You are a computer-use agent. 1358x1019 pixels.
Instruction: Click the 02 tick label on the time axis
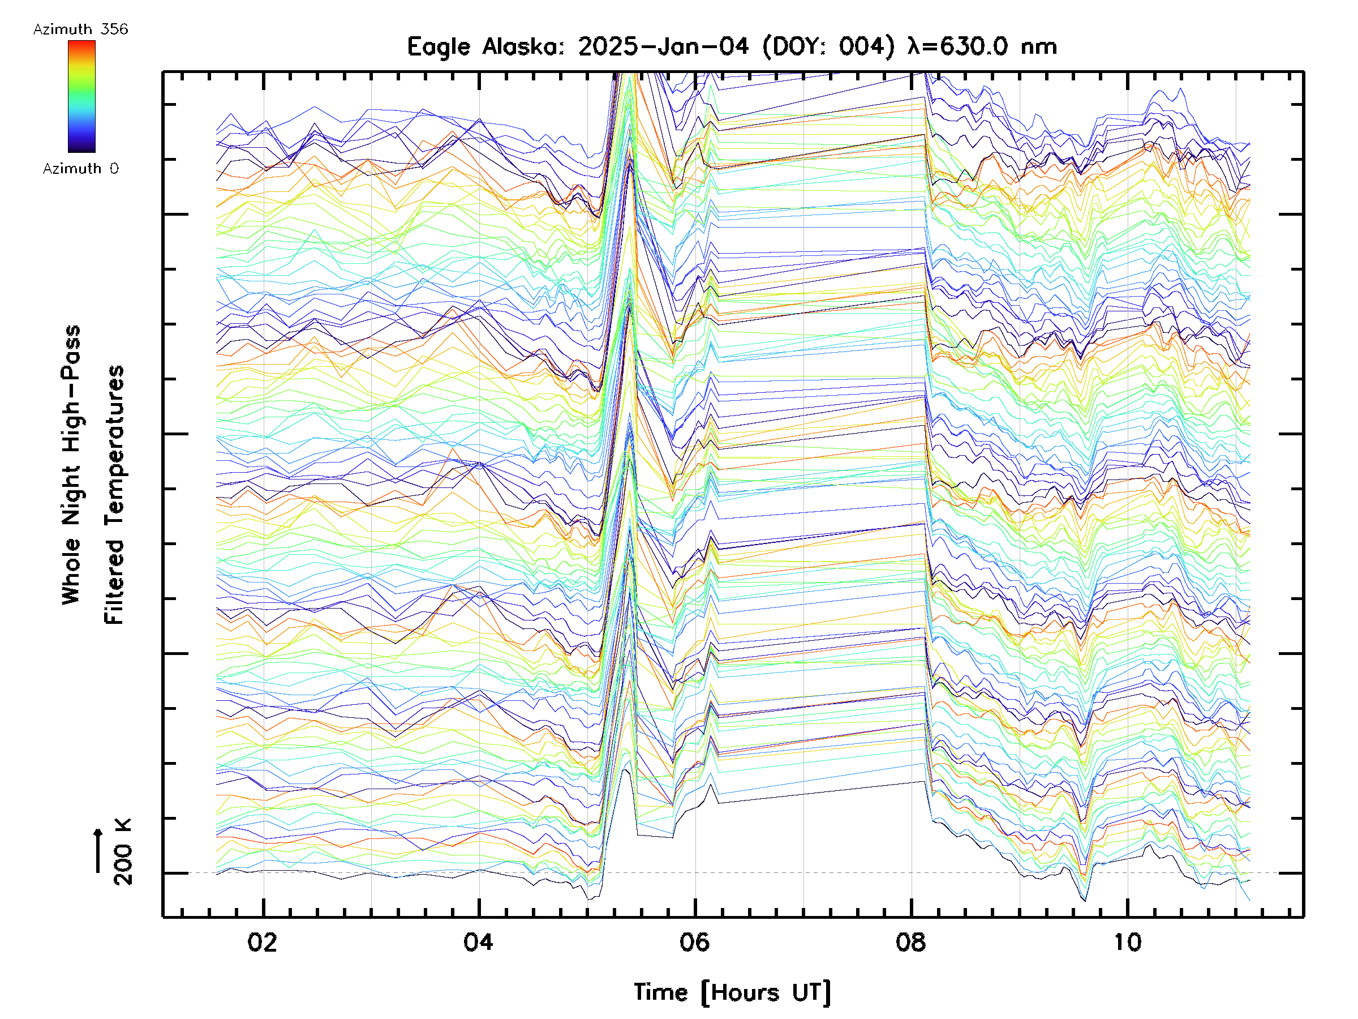[x=262, y=942]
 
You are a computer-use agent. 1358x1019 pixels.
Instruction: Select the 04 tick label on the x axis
[x=478, y=942]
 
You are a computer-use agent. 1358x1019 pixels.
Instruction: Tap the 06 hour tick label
[x=694, y=942]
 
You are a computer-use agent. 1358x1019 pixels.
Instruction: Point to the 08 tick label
[x=910, y=942]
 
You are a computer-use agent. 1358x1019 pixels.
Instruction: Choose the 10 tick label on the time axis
[x=1127, y=942]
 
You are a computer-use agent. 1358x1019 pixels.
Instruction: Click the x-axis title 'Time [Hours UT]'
[x=732, y=992]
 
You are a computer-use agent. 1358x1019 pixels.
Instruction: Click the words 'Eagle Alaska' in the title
[x=485, y=46]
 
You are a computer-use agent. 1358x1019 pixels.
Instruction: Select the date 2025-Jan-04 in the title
[x=663, y=46]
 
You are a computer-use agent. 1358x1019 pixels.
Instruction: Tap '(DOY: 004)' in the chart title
[x=828, y=46]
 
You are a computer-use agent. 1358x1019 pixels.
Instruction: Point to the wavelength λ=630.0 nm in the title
[x=982, y=46]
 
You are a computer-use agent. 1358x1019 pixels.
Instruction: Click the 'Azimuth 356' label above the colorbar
[x=80, y=29]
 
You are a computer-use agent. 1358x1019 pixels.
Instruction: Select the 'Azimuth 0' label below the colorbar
[x=80, y=169]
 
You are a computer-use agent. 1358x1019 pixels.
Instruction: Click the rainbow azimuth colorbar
[x=81, y=96]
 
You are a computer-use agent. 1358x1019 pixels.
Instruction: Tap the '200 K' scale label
[x=123, y=852]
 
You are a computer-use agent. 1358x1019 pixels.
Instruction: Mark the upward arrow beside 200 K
[x=98, y=850]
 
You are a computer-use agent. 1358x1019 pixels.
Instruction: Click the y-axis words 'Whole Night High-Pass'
[x=71, y=465]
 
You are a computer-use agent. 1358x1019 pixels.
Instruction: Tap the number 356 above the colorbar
[x=115, y=29]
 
